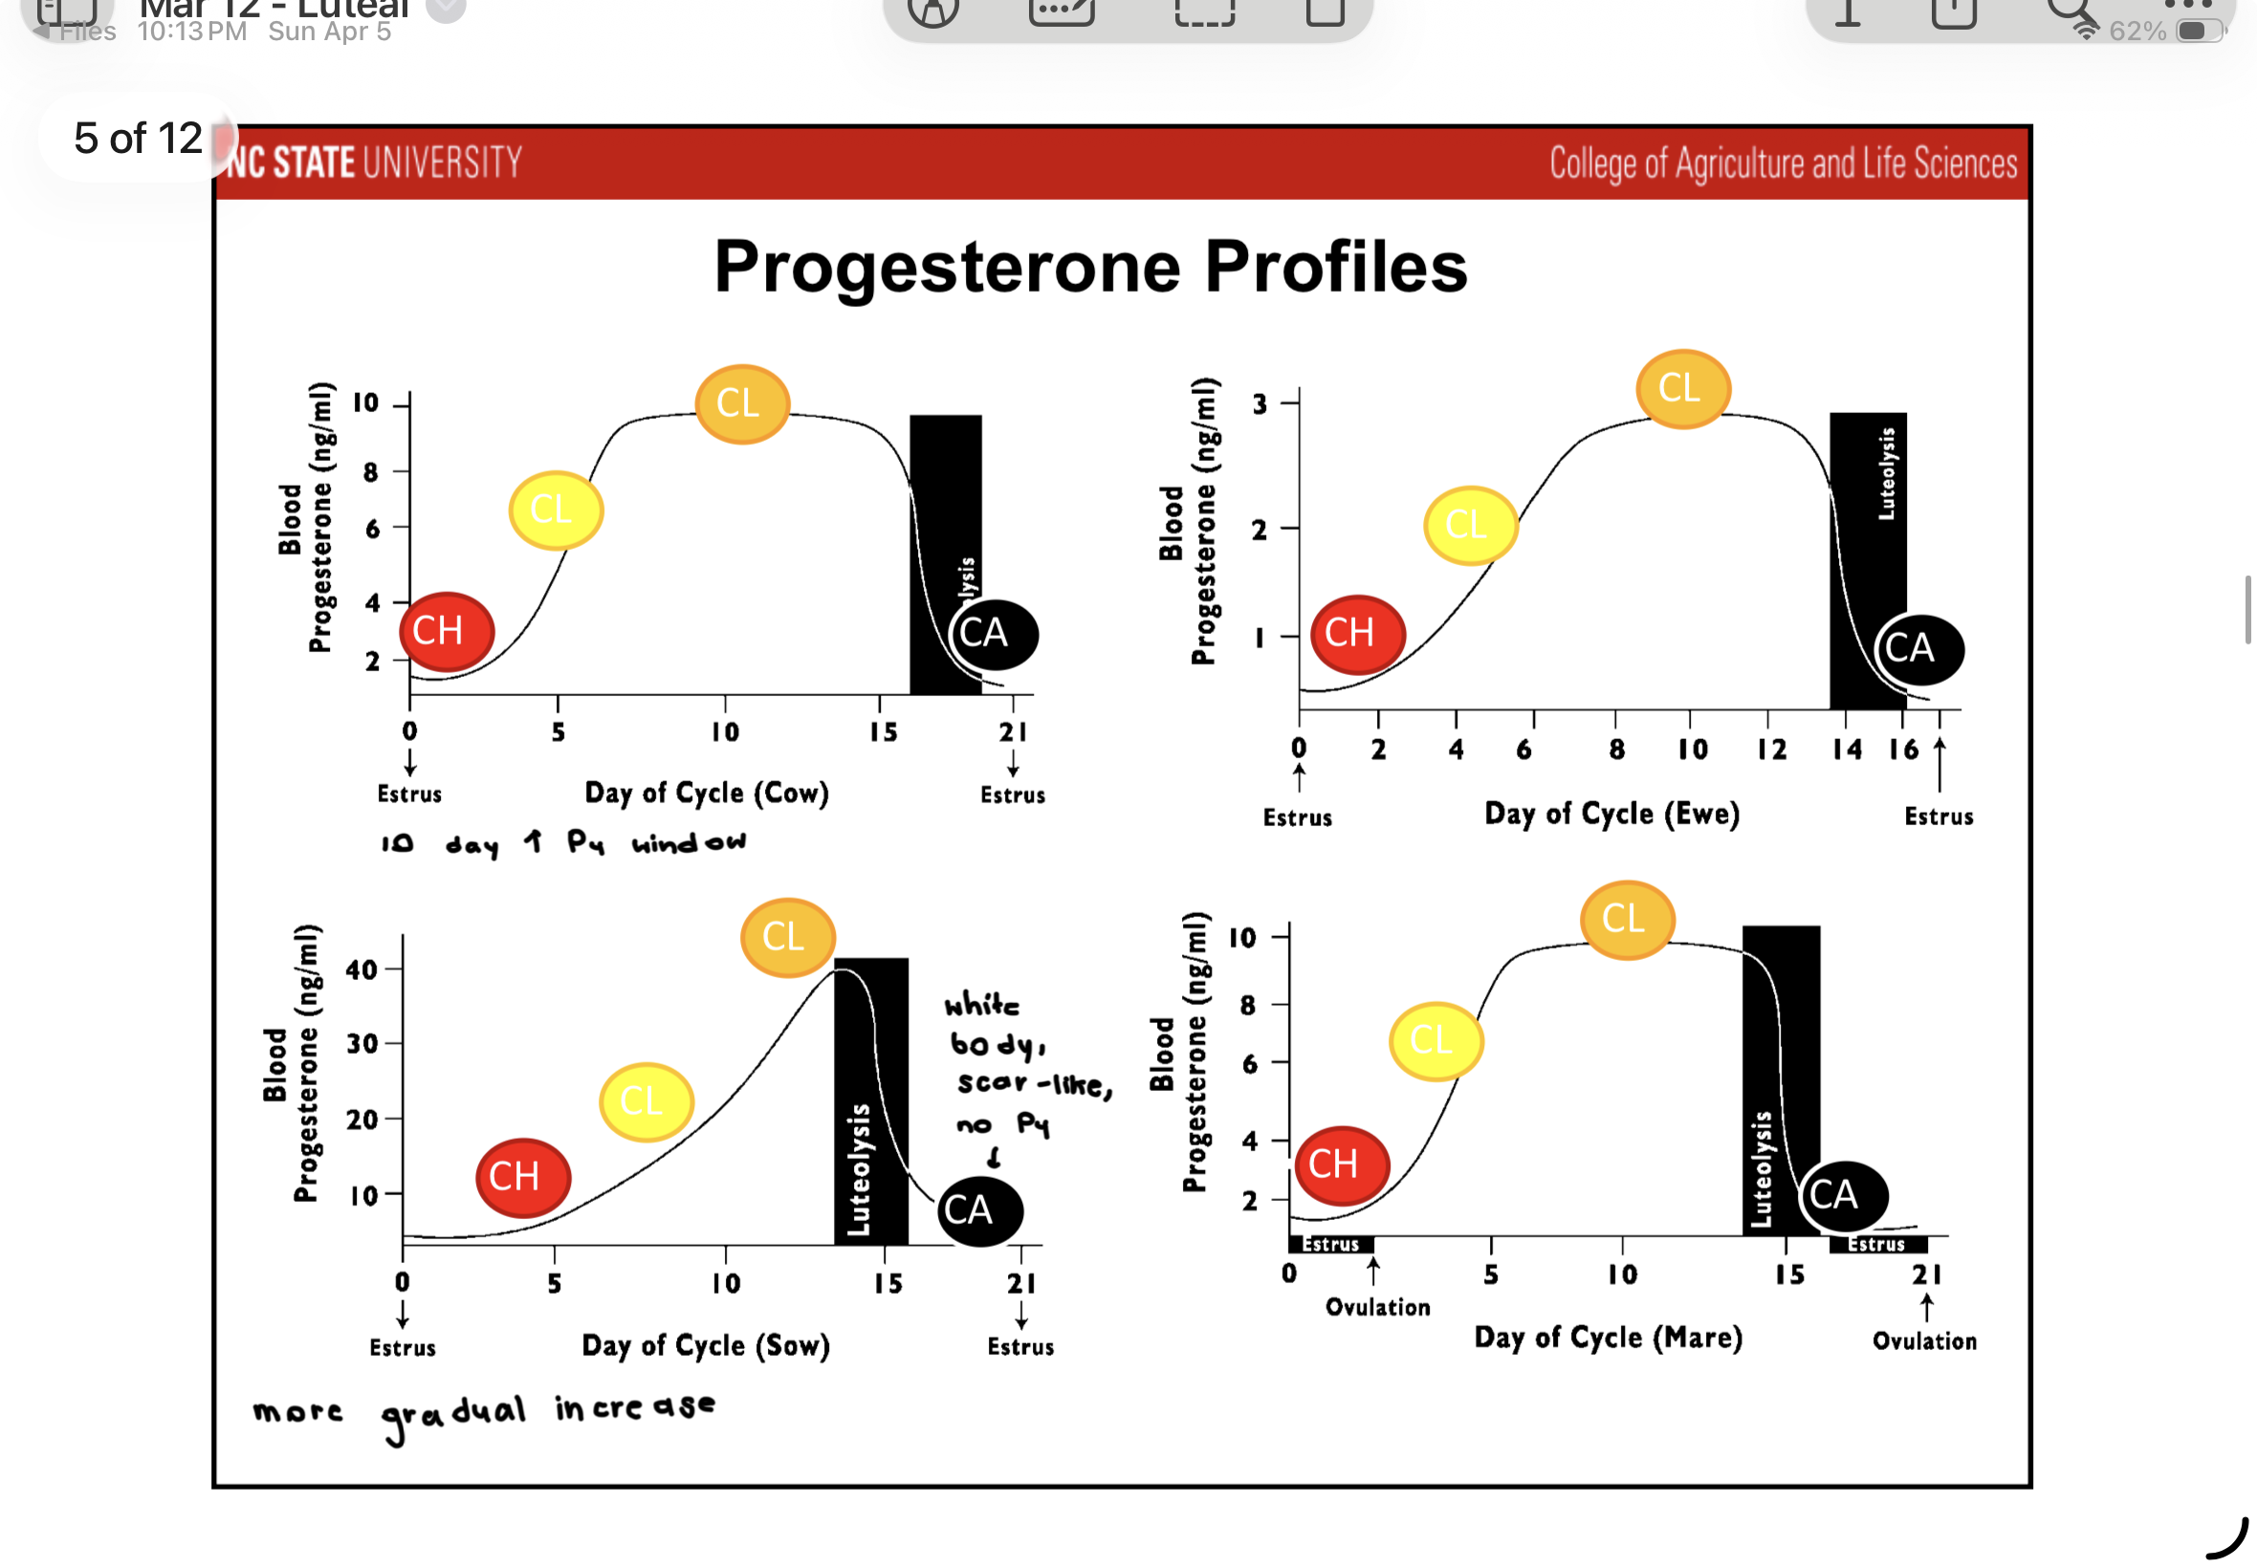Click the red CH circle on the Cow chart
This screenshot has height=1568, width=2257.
tap(446, 632)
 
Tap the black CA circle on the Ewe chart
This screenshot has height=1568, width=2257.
tap(1919, 648)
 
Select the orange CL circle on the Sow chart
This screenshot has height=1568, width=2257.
tap(787, 936)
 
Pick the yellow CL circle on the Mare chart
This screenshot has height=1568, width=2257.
tap(1435, 1040)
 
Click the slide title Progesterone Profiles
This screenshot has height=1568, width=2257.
tap(1089, 267)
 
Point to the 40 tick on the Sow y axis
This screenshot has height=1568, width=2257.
tap(362, 969)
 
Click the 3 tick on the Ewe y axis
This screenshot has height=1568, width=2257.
tap(1260, 403)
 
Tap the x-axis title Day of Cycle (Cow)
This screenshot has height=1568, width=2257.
tap(707, 793)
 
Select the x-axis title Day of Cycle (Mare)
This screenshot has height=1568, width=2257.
tap(1608, 1338)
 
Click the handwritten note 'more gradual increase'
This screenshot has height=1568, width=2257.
tap(483, 1412)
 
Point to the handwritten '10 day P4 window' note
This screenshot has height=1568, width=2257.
tap(563, 843)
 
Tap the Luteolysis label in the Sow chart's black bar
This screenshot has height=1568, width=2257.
tap(860, 1169)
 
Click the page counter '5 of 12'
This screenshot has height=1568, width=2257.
tap(138, 139)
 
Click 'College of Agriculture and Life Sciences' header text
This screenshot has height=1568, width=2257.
tap(1783, 163)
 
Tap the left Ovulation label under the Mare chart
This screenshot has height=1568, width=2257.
tap(1377, 1307)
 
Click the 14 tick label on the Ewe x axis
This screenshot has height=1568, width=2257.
tap(1847, 750)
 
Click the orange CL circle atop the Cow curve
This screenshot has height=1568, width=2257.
tap(741, 403)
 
